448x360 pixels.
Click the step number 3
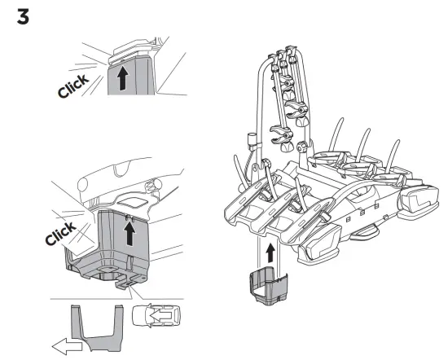click(24, 16)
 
